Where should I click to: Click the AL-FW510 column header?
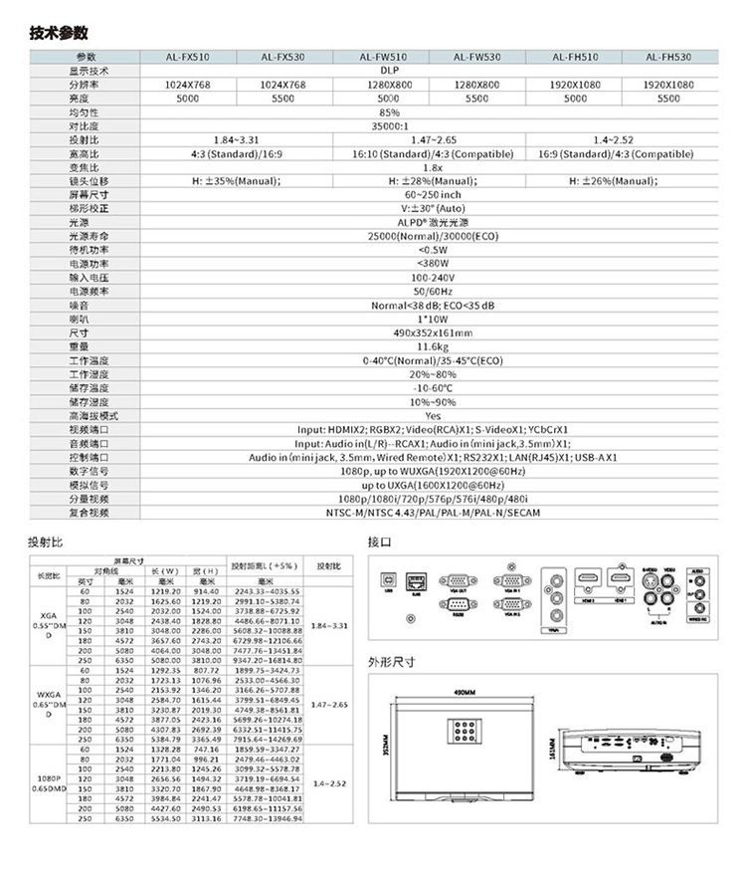pyautogui.click(x=383, y=58)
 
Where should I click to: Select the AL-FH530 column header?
pyautogui.click(x=668, y=58)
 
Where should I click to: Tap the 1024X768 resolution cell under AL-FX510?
pyautogui.click(x=187, y=86)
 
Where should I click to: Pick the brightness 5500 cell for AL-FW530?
pyautogui.click(x=477, y=100)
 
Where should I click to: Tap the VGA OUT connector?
pyautogui.click(x=457, y=580)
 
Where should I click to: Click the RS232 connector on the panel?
pyautogui.click(x=457, y=604)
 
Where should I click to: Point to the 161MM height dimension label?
pyautogui.click(x=554, y=747)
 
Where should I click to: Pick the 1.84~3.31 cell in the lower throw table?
pyautogui.click(x=327, y=625)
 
